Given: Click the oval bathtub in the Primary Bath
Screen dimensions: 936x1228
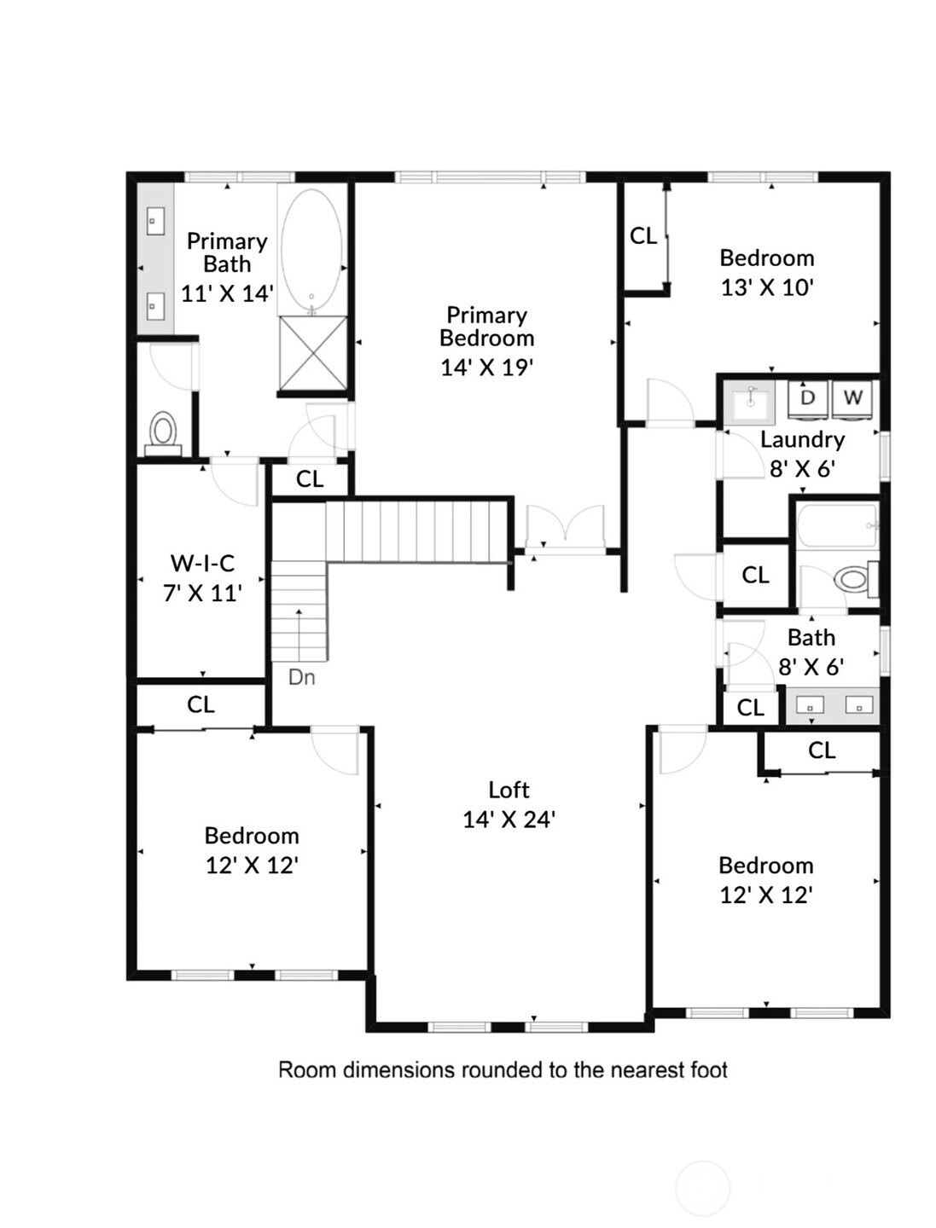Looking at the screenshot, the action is point(311,250).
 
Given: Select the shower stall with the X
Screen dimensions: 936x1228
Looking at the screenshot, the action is point(313,352).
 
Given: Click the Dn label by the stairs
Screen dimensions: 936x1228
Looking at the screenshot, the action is point(302,677).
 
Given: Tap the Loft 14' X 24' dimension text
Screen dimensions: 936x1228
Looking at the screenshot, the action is point(509,820).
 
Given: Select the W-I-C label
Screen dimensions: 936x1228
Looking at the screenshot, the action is point(202,564).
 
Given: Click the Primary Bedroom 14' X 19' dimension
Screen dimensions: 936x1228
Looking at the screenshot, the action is point(486,368).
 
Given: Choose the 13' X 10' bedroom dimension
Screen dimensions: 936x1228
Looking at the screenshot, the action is point(766,288).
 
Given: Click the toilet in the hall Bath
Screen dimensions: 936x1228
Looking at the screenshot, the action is point(855,579).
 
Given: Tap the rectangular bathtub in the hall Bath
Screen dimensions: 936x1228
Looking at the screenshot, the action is point(838,526).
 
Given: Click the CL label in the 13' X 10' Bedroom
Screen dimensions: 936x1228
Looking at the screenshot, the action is point(643,236).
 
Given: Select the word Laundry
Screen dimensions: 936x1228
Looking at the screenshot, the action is point(802,440).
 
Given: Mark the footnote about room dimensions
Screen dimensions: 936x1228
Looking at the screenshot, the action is point(503,1070).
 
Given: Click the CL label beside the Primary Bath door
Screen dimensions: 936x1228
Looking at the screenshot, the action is point(310,479).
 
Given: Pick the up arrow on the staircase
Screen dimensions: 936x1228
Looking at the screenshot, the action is point(299,635).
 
